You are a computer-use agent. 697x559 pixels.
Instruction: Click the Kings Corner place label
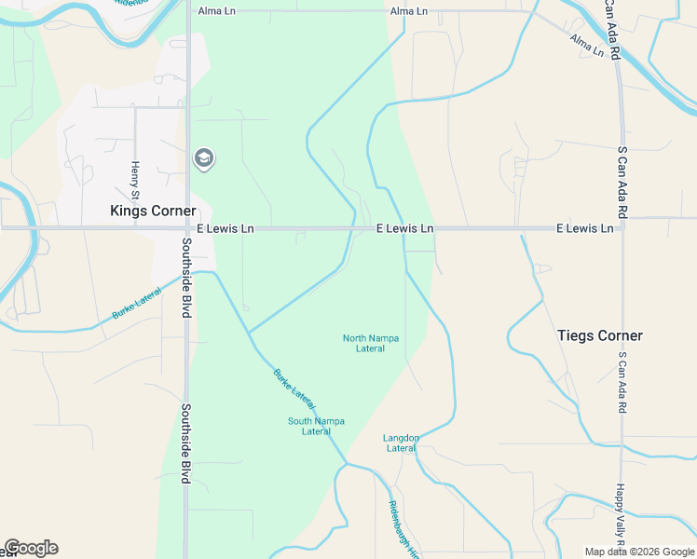pyautogui.click(x=153, y=211)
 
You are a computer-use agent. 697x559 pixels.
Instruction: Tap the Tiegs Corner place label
pyautogui.click(x=599, y=335)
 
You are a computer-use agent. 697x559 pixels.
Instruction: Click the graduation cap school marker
pyautogui.click(x=202, y=159)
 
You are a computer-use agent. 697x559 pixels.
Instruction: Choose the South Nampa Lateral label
pyautogui.click(x=316, y=426)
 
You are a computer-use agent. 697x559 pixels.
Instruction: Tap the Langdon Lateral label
pyautogui.click(x=401, y=443)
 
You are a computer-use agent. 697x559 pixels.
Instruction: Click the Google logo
pyautogui.click(x=31, y=548)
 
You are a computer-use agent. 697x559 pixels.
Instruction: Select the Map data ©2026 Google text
pyautogui.click(x=638, y=552)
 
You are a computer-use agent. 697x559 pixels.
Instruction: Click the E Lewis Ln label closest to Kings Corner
pyautogui.click(x=225, y=228)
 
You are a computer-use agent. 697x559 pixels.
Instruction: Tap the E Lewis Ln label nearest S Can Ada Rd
pyautogui.click(x=584, y=228)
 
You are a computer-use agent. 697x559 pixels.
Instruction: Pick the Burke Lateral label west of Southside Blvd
pyautogui.click(x=136, y=304)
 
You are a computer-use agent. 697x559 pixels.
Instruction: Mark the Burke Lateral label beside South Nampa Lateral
pyautogui.click(x=294, y=389)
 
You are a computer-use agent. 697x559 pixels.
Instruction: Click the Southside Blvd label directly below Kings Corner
pyautogui.click(x=186, y=277)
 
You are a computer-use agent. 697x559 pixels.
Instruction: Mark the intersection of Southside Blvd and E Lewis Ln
pyautogui.click(x=187, y=227)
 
